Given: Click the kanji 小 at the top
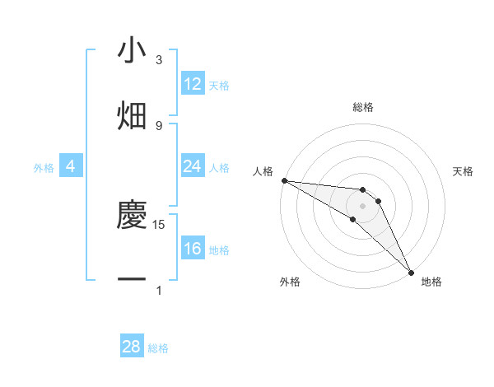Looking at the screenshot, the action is coord(132,52).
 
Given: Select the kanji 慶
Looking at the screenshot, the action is coord(132,217).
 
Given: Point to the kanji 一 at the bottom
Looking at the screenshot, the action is coord(132,281).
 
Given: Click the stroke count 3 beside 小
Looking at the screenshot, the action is coord(159,60).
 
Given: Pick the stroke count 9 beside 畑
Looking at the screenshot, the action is coord(159,125).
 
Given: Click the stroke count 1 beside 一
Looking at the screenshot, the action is coord(159,290).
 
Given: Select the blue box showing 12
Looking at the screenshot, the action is coord(193,84).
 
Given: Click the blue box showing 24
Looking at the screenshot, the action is coord(193,166).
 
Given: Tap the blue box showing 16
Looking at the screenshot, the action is coord(193,249).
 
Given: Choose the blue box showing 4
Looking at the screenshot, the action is coord(71,166).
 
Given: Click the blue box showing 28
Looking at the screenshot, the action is coord(132,347).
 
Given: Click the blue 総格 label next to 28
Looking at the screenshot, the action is coord(158,348).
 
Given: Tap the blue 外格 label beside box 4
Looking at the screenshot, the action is coord(43,168).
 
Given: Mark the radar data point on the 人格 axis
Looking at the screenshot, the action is coord(284,180).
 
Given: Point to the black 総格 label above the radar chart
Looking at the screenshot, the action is coord(362,107).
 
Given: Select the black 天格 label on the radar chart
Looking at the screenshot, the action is coord(464,171).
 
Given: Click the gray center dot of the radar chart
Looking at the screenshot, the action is coord(362,205).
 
